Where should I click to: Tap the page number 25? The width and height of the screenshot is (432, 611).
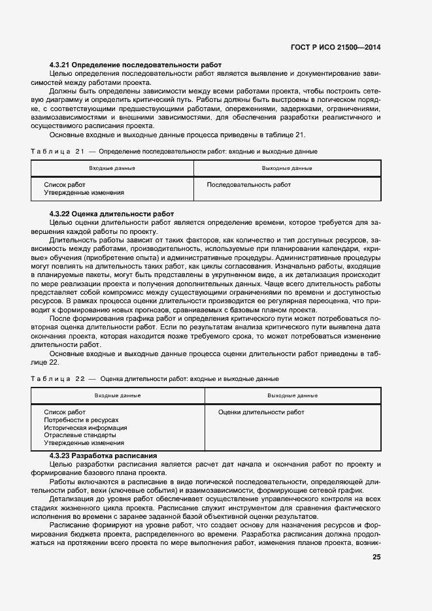pos(376,557)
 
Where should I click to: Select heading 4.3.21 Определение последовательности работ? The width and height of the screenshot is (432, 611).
pos(136,65)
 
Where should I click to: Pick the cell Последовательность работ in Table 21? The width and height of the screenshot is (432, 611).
pos(248,185)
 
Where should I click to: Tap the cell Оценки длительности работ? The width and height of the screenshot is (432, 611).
pos(261,412)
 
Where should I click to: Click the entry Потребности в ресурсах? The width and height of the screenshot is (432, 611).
pos(82,420)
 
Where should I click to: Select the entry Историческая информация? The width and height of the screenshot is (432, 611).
pos(85,428)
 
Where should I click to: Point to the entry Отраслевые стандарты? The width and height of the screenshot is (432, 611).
pos(80,435)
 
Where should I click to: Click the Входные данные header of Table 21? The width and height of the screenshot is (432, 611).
pos(112,169)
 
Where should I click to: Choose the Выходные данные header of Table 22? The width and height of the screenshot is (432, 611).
pos(293,396)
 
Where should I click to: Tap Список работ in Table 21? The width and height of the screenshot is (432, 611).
pos(65,185)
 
